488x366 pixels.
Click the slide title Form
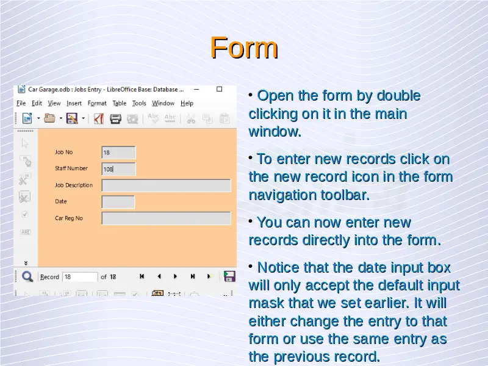pyautogui.click(x=243, y=48)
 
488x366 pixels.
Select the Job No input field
pyautogui.click(x=118, y=152)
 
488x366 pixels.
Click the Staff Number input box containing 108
pyautogui.click(x=118, y=169)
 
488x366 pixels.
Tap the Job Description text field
pyautogui.click(x=166, y=185)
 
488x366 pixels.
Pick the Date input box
pyautogui.click(x=118, y=202)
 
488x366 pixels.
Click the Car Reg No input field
pyautogui.click(x=166, y=218)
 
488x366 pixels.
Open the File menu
pyautogui.click(x=21, y=103)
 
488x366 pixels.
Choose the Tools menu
pyautogui.click(x=139, y=103)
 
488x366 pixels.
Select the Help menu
pyautogui.click(x=187, y=103)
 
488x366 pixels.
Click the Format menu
pyautogui.click(x=97, y=103)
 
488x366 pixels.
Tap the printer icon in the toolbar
pyautogui.click(x=115, y=118)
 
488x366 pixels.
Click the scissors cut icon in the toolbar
pyautogui.click(x=191, y=118)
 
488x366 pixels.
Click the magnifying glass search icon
pyautogui.click(x=27, y=276)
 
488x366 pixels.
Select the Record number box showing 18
pyautogui.click(x=80, y=277)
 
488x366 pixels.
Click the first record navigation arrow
pyautogui.click(x=142, y=276)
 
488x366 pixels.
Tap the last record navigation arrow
pyautogui.click(x=193, y=276)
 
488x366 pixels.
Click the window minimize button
pyautogui.click(x=196, y=89)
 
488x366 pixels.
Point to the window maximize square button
pyautogui.click(x=220, y=89)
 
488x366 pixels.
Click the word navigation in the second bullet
pyautogui.click(x=282, y=195)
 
